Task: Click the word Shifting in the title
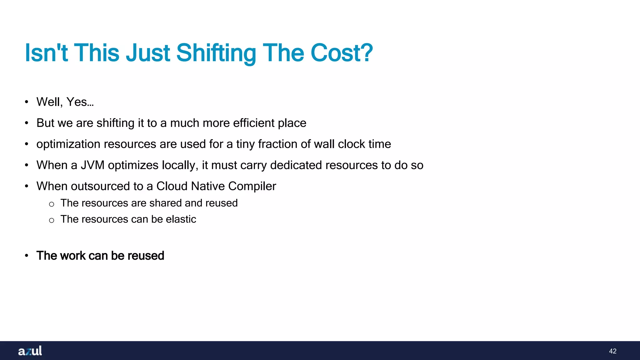click(x=216, y=53)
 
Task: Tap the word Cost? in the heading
click(x=342, y=53)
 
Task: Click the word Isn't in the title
click(x=46, y=53)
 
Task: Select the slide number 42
click(x=612, y=351)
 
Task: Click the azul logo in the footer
click(x=30, y=351)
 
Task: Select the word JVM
click(x=92, y=165)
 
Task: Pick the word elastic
click(x=181, y=219)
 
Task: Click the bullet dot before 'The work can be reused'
click(x=27, y=256)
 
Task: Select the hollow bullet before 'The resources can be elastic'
click(x=52, y=220)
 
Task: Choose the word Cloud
click(x=172, y=186)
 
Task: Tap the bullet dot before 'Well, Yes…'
click(x=27, y=102)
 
